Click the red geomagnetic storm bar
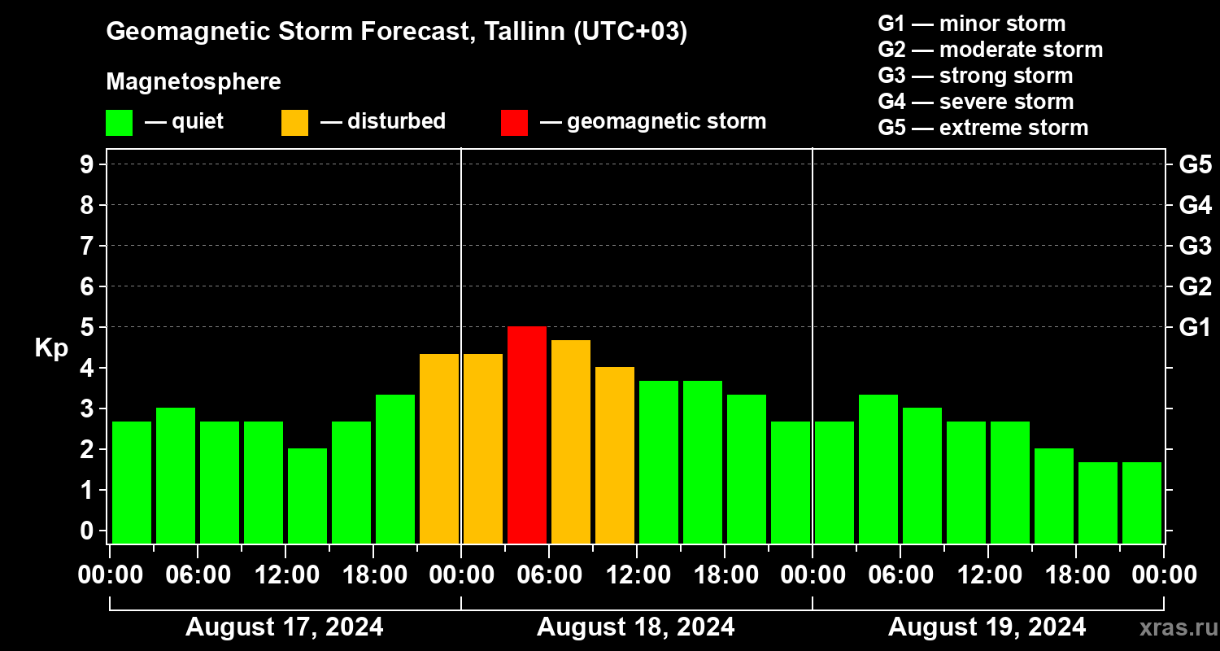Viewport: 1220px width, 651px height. click(x=527, y=435)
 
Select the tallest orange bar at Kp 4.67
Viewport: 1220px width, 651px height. click(x=571, y=441)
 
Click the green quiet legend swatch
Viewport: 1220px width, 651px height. click(x=119, y=123)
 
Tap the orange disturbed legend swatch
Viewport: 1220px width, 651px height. click(x=294, y=123)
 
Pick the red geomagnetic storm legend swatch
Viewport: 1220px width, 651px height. click(x=514, y=123)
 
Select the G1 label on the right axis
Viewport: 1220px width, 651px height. click(x=1195, y=327)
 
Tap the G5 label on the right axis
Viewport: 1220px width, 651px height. click(x=1195, y=164)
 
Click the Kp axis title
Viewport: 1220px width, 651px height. click(x=51, y=347)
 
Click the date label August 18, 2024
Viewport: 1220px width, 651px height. click(x=635, y=627)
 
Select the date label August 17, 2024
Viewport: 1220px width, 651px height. click(x=285, y=627)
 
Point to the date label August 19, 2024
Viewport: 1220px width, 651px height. click(x=987, y=627)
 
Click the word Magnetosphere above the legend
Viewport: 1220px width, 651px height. click(x=194, y=82)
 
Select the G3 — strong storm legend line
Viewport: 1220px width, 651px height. click(x=975, y=76)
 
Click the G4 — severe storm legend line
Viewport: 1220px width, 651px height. click(x=976, y=102)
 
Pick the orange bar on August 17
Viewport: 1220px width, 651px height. click(x=439, y=448)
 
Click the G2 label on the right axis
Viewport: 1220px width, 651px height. click(x=1195, y=286)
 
